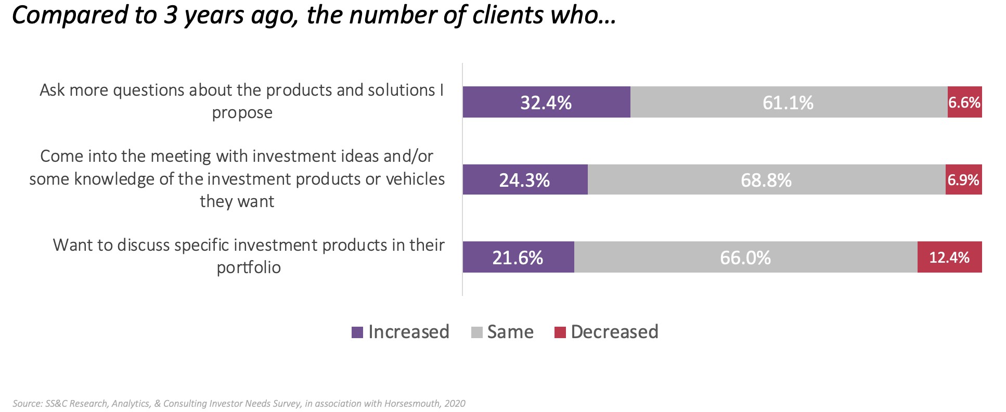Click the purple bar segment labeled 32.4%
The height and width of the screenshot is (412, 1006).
click(x=546, y=102)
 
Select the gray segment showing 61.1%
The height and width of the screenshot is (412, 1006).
click(x=789, y=102)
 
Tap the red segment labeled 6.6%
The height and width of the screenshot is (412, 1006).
click(x=964, y=102)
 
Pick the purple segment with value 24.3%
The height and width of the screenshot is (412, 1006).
click(x=525, y=179)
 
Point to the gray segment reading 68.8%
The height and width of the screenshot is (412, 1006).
click(x=766, y=179)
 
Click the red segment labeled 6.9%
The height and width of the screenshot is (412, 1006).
click(x=963, y=179)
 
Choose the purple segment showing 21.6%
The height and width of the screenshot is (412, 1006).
click(x=518, y=257)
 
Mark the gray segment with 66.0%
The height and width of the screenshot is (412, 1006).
click(x=745, y=257)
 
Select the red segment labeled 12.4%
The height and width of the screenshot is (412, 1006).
click(x=949, y=257)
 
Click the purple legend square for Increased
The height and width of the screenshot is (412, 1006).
click(x=357, y=332)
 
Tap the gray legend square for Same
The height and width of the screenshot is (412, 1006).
click(x=476, y=332)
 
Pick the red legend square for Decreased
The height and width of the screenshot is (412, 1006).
click(x=560, y=332)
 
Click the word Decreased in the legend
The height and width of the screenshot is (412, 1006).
click(x=614, y=332)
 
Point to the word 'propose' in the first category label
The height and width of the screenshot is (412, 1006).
click(x=242, y=113)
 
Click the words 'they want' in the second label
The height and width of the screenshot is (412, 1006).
click(x=237, y=201)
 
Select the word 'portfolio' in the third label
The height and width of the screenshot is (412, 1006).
click(x=249, y=267)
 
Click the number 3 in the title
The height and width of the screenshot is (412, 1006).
click(x=170, y=15)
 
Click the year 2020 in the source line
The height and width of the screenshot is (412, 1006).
click(x=455, y=404)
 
